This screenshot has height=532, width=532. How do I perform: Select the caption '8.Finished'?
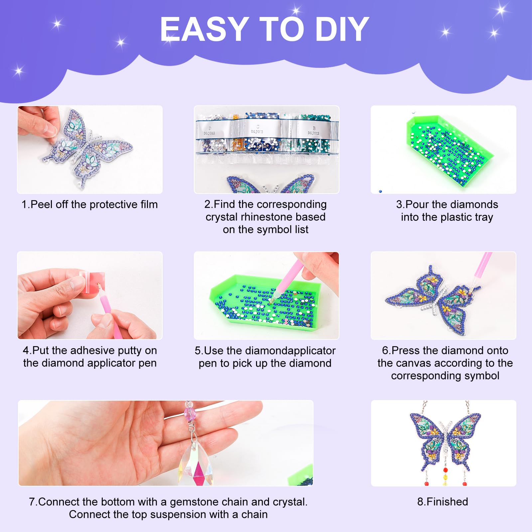(x=443, y=501)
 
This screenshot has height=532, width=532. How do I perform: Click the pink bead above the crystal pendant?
(x=190, y=414)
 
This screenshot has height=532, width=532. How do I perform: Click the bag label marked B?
(x=314, y=131)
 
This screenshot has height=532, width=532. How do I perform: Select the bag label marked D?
(x=209, y=131)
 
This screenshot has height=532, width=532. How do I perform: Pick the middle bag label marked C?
(x=257, y=129)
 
